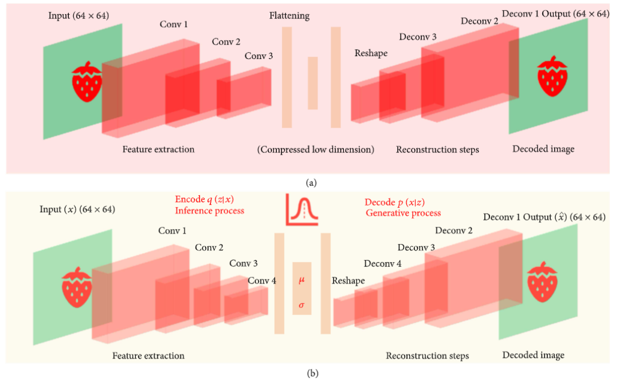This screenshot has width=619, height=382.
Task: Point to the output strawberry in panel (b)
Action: click(x=542, y=282)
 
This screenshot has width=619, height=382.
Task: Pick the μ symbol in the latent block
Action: click(x=301, y=281)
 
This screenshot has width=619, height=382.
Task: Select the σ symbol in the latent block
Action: click(x=301, y=305)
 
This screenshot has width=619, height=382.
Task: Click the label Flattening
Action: click(x=289, y=16)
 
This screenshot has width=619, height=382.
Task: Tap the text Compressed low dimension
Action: click(x=315, y=149)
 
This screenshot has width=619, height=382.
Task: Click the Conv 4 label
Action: click(x=262, y=281)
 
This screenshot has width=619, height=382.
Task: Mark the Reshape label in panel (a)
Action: click(x=371, y=53)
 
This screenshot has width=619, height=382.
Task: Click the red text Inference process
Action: click(x=209, y=211)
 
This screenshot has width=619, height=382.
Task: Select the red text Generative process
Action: click(x=403, y=213)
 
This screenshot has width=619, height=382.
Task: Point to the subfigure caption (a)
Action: click(x=311, y=183)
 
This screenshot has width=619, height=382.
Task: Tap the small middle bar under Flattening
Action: click(x=312, y=83)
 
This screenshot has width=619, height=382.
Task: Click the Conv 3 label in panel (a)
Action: click(x=258, y=56)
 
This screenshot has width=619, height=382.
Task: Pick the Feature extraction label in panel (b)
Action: click(x=148, y=356)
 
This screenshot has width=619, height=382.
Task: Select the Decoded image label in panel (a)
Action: click(x=543, y=149)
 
